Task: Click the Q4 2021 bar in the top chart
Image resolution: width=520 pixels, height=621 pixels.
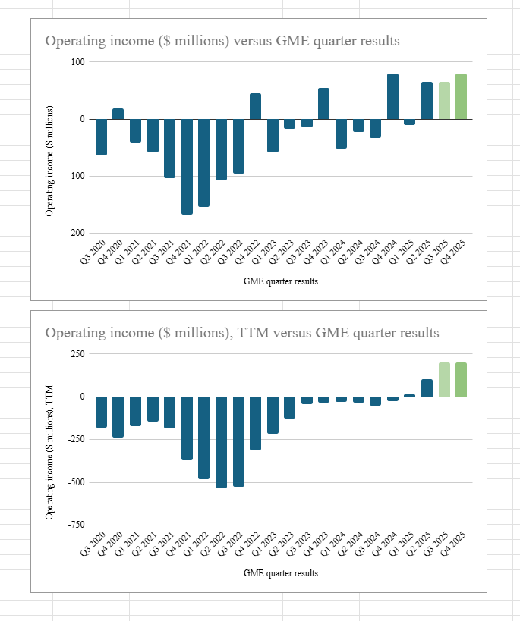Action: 187,167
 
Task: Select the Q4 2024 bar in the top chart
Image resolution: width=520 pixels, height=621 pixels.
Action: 392,96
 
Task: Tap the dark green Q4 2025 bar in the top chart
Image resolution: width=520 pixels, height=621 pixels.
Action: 461,96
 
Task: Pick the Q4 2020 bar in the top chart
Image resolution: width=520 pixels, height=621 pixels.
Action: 118,114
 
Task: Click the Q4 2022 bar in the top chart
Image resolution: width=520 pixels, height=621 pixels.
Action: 255,106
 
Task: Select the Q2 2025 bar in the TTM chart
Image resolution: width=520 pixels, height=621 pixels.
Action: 427,387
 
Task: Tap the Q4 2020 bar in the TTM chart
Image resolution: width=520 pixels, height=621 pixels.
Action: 118,416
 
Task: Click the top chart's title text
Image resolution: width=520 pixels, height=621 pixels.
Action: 222,41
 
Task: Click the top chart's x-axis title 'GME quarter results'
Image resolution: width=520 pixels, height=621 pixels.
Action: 281,281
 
